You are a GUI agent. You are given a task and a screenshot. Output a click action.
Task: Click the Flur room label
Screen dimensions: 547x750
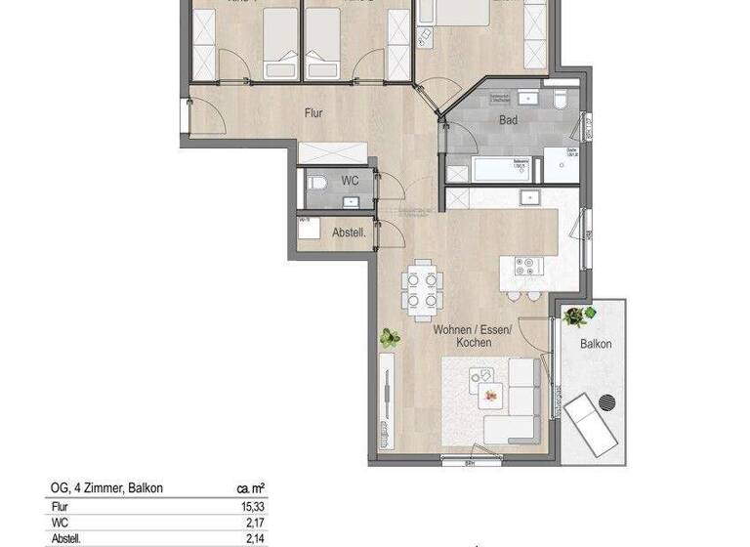click(312, 113)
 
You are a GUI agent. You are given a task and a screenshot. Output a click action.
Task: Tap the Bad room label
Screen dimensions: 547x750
click(508, 121)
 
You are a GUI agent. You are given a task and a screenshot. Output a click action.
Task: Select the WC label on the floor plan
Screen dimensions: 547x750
click(349, 181)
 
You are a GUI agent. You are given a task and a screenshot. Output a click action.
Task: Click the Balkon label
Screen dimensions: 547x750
click(596, 344)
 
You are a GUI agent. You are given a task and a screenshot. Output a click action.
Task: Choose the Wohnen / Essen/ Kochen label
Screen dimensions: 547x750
click(463, 337)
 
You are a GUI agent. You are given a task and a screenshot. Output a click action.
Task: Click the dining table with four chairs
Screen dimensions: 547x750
click(424, 290)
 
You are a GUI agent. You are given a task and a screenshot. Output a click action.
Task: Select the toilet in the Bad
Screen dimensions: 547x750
click(560, 101)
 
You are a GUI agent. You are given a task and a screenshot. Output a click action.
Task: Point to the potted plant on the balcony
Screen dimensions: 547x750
click(575, 316)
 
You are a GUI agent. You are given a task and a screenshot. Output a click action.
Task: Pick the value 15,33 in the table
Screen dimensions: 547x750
click(253, 506)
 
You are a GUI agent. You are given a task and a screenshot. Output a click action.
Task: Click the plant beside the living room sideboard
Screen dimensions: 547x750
click(390, 338)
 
